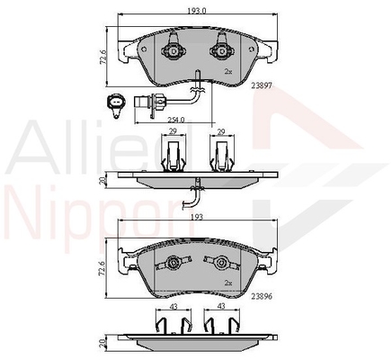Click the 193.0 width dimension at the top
coord(197,11)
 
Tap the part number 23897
coord(262,85)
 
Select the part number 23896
coord(262,297)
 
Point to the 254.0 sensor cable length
coord(176,120)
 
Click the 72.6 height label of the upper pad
coord(102,57)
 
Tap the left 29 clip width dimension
coord(173,131)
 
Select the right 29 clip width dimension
coord(221,131)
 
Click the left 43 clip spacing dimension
coord(174,306)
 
